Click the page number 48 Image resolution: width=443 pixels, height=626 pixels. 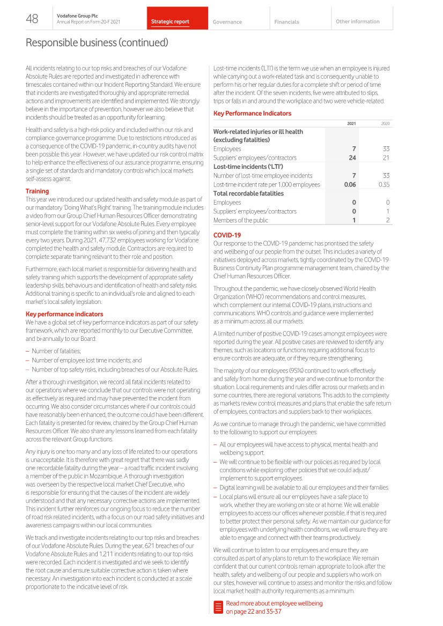32,19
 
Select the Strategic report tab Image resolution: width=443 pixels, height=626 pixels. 170,22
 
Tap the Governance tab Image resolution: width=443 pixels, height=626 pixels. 227,22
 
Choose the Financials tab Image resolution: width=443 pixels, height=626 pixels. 286,22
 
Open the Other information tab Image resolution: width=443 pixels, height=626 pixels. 357,21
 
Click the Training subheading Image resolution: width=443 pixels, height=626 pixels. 37,191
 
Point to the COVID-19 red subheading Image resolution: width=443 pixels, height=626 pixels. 227,235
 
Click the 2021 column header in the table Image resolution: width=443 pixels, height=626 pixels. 351,123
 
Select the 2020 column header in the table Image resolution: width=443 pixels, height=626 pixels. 385,123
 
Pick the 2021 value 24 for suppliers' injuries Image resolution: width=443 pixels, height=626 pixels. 352,158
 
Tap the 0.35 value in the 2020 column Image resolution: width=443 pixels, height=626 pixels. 383,184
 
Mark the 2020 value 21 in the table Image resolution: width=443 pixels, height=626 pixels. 386,158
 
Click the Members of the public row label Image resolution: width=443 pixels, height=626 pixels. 241,220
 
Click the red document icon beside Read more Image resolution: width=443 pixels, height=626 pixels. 218,607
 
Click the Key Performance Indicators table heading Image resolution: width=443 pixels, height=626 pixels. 252,113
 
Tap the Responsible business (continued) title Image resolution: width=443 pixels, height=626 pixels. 97,42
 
